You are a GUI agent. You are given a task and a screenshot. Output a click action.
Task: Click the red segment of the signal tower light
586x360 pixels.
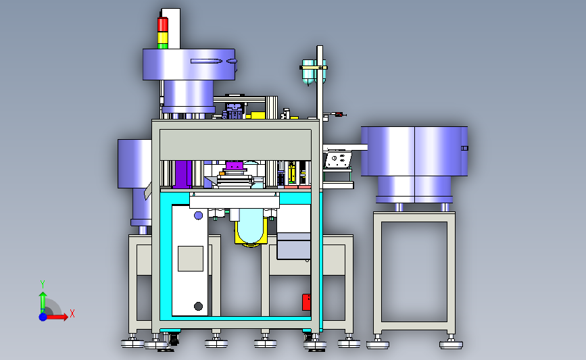point(163,24)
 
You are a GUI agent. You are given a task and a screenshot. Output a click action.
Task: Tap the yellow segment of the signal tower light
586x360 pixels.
point(163,38)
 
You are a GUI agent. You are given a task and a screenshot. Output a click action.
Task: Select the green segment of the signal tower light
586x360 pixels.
point(163,46)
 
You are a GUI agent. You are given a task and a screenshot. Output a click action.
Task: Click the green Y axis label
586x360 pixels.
point(43,285)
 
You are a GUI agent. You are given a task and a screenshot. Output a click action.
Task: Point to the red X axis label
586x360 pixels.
point(72,313)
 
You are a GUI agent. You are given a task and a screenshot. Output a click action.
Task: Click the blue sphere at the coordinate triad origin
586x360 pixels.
point(43,317)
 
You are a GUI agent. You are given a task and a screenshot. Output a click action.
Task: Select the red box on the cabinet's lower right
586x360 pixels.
point(306,302)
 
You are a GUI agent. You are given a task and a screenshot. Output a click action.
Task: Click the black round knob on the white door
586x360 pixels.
point(199,306)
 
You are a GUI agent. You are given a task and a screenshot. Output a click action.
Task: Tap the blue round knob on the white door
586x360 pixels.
point(199,215)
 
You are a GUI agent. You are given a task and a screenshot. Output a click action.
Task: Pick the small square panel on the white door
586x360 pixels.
point(191,259)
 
